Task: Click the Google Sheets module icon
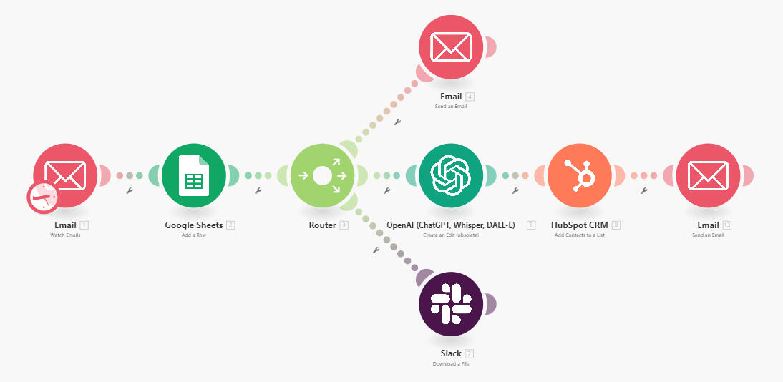(194, 175)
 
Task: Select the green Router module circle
(323, 175)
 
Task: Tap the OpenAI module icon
(451, 175)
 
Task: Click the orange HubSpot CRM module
(580, 175)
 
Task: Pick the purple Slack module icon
(451, 304)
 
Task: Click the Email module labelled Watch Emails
(65, 175)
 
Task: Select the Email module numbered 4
(451, 47)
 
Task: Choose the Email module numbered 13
(708, 175)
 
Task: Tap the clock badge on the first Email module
(43, 197)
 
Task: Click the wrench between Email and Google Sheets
(130, 190)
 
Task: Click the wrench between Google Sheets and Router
(258, 190)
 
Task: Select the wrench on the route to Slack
(376, 250)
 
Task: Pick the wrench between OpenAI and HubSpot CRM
(515, 190)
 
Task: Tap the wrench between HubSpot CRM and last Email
(644, 190)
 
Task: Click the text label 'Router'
(323, 225)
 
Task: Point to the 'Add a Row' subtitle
(194, 235)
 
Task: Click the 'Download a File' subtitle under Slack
(451, 363)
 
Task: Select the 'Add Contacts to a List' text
(580, 235)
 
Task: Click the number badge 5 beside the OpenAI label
(531, 225)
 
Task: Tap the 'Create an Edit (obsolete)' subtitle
(451, 235)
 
